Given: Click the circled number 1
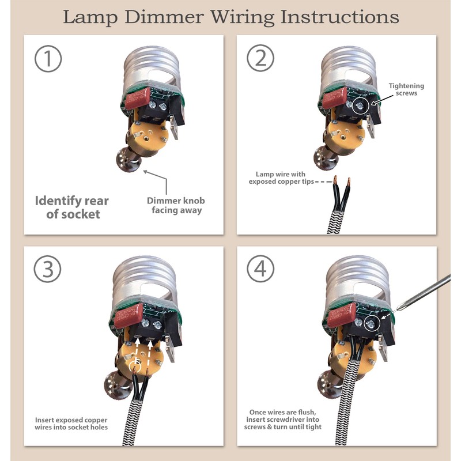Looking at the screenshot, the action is pos(48,59).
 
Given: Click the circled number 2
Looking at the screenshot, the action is pos(260,59).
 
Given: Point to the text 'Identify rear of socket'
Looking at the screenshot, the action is pos(71,207).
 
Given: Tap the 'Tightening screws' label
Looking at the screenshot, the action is pos(406,89).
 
